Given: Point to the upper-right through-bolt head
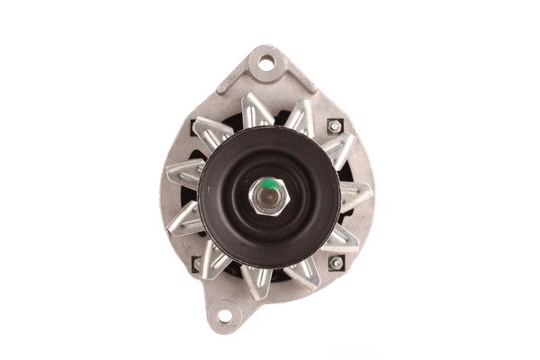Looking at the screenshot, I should click(336, 127).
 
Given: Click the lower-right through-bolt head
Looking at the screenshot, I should click(336, 263).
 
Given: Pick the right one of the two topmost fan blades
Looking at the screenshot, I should click(299, 115).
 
